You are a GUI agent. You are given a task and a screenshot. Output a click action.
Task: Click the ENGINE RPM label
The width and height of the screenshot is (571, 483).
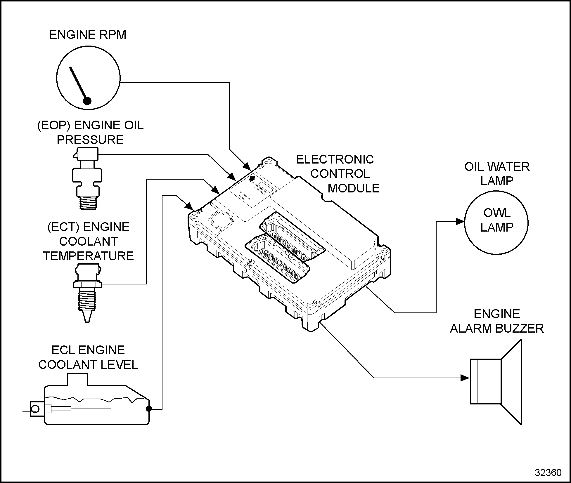click(88, 35)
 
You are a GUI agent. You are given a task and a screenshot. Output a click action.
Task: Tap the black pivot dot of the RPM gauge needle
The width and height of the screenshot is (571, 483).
click(87, 101)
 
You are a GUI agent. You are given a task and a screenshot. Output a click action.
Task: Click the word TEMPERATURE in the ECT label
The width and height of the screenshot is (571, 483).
click(89, 256)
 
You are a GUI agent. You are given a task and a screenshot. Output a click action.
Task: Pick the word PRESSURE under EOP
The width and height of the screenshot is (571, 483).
click(90, 140)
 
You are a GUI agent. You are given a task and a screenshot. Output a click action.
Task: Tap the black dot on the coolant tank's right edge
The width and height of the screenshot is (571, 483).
click(149, 409)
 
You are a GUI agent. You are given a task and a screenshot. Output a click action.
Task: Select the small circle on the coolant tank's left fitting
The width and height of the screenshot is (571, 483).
click(35, 409)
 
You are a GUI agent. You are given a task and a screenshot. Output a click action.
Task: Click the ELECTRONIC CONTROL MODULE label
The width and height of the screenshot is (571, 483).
click(339, 174)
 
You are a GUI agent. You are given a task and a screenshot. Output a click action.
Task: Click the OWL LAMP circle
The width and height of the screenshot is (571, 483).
click(496, 223)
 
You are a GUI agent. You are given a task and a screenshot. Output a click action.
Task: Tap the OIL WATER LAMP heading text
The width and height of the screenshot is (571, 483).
click(497, 174)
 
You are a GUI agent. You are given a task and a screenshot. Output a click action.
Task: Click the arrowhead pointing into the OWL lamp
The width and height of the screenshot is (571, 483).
click(460, 221)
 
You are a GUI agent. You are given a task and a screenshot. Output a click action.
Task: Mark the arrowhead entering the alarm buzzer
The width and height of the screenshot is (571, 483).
click(465, 378)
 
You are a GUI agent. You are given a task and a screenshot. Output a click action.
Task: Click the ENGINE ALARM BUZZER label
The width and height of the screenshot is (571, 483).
click(497, 321)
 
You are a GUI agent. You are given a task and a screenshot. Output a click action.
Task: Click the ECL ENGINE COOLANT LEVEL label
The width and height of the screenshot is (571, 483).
click(88, 357)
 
